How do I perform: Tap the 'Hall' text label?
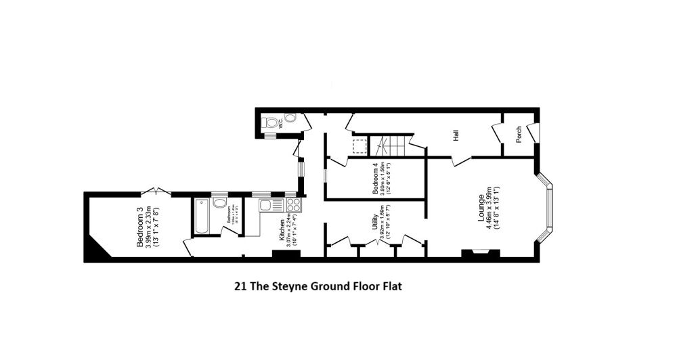(457, 136)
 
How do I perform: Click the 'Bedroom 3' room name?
(140, 227)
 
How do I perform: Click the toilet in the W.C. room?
(272, 122)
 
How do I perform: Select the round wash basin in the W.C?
(290, 118)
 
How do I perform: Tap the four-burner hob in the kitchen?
(294, 205)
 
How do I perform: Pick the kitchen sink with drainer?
(271, 205)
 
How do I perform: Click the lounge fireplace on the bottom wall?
(481, 254)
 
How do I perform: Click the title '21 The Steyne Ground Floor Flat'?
(318, 286)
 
